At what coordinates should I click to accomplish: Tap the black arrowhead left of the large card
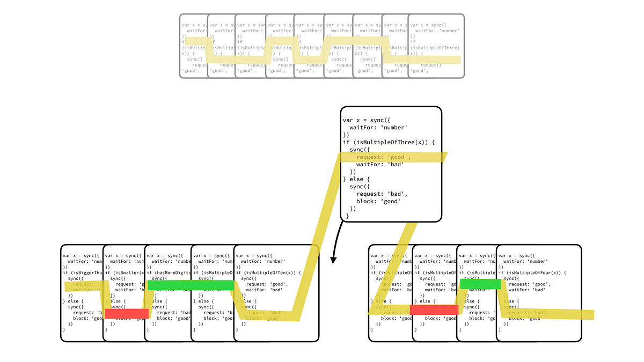(x=333, y=260)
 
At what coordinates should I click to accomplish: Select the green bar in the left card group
(x=191, y=285)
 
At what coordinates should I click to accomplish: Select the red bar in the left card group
(x=126, y=314)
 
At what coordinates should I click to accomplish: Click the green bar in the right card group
(x=480, y=284)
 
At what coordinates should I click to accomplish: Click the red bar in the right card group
(x=434, y=309)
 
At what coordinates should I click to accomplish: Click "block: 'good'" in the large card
(x=382, y=201)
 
